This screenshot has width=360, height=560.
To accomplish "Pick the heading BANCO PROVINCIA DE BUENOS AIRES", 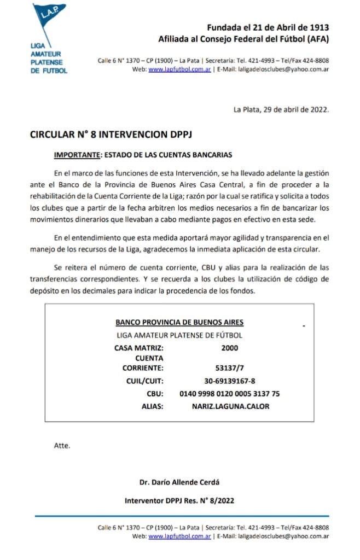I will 179,323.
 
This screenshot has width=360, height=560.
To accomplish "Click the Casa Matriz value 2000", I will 230,347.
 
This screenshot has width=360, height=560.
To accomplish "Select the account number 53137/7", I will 230,368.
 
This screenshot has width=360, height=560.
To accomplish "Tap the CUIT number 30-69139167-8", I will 230,381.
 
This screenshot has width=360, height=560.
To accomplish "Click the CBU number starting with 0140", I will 230,394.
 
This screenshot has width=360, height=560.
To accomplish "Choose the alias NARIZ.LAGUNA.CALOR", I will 230,406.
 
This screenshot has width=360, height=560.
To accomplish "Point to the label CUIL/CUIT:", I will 144,381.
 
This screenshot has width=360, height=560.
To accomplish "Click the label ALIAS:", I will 152,406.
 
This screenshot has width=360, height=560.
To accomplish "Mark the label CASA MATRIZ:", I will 138,347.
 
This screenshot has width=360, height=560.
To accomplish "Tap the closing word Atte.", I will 62,445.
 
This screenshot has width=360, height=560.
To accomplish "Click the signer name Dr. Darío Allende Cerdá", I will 180,482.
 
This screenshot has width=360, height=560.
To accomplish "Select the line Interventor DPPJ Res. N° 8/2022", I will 180,500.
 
